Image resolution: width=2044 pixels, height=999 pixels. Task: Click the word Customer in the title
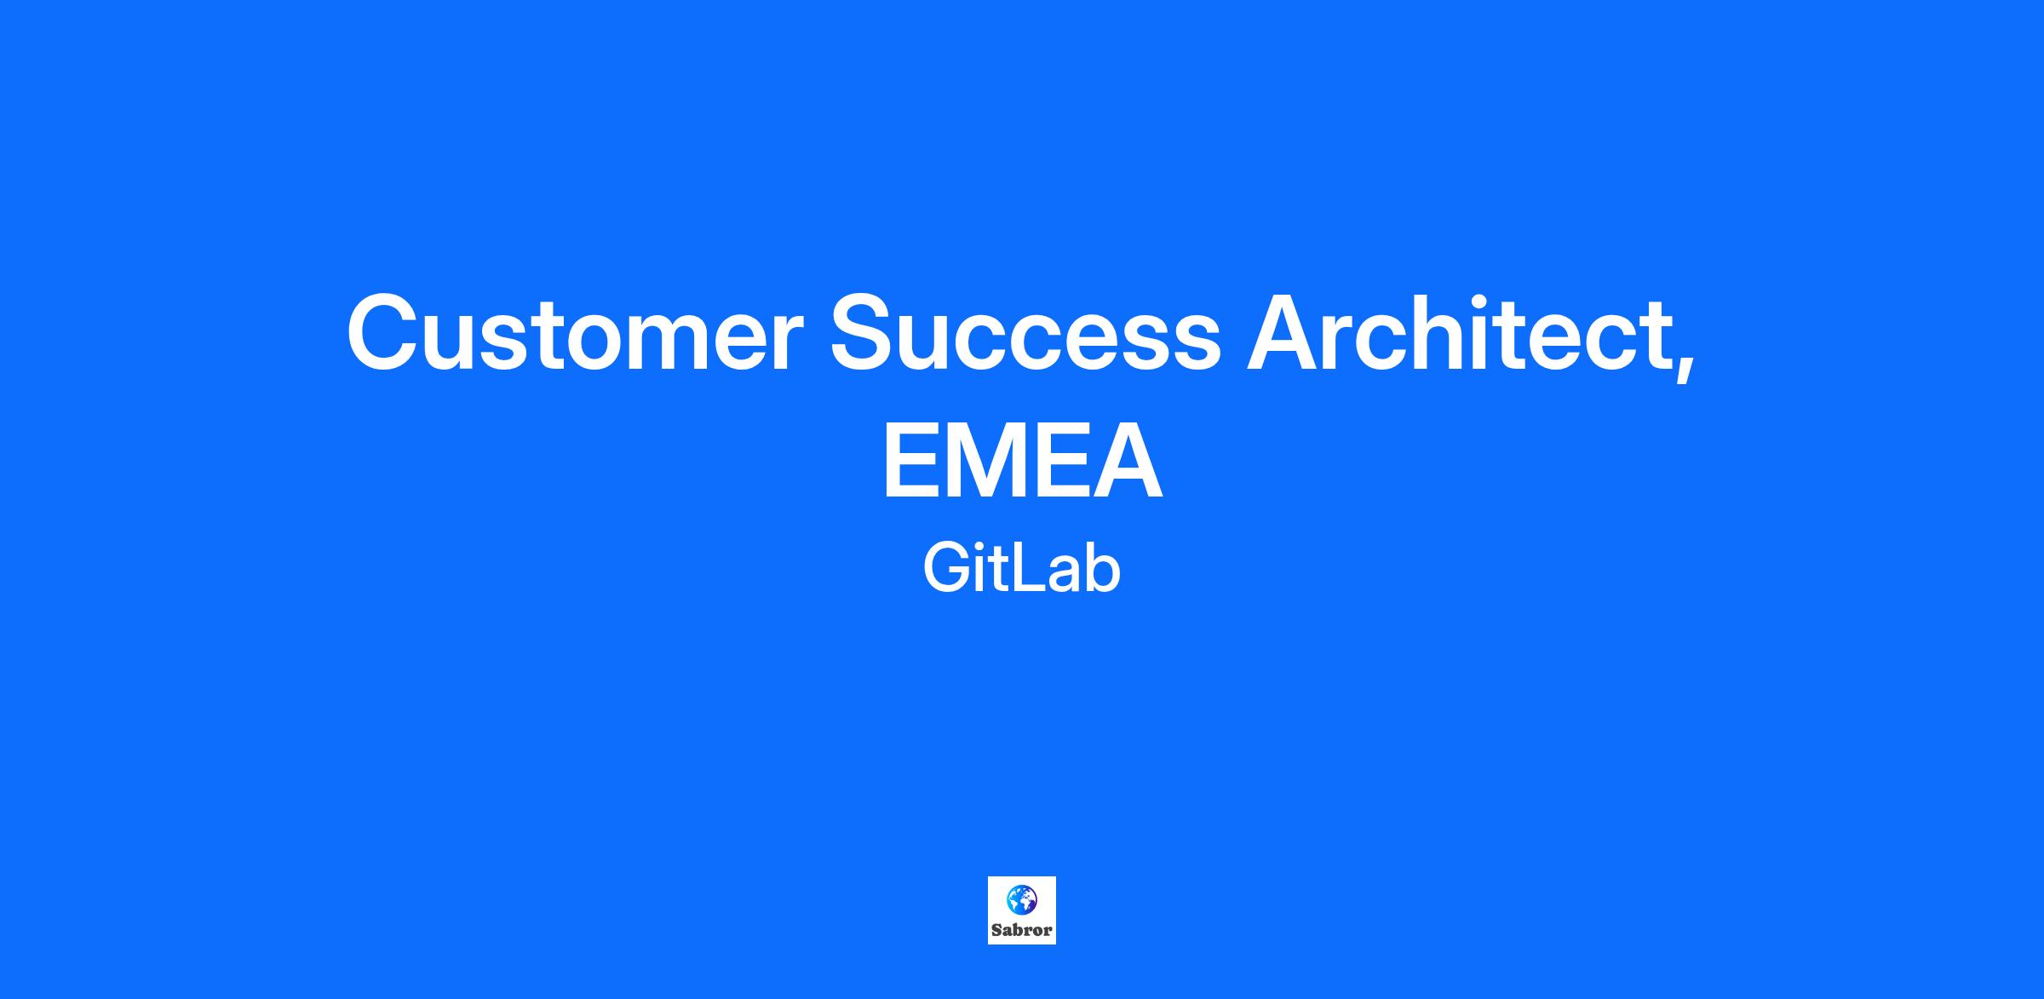tap(575, 332)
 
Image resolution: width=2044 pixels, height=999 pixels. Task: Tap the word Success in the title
tap(1025, 332)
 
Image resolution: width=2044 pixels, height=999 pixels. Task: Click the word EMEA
tap(1022, 463)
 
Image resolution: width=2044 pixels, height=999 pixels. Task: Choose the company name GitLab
tap(1022, 570)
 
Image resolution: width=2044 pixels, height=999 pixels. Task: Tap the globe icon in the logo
tap(1022, 899)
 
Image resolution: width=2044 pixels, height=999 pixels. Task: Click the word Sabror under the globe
tap(1022, 930)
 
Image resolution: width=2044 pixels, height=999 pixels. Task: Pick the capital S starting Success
tap(866, 332)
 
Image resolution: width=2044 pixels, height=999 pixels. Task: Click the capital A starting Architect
tap(1285, 332)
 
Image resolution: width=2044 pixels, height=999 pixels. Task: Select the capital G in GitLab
tap(947, 570)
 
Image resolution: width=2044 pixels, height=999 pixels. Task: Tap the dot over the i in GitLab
tap(983, 548)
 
